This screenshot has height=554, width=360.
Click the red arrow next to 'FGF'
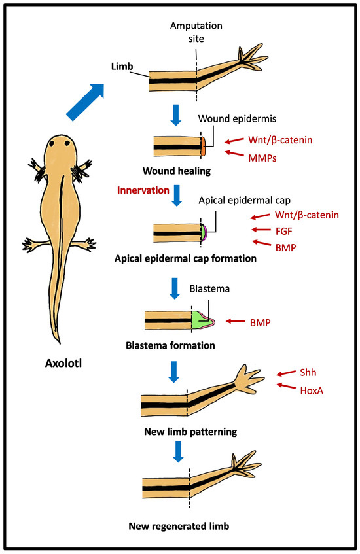coord(262,229)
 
